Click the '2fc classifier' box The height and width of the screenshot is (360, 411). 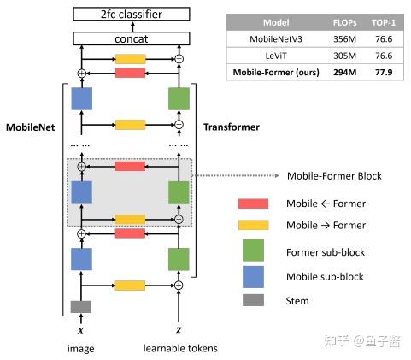click(131, 14)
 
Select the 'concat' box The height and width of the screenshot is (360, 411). click(131, 38)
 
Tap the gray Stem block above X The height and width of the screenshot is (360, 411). click(80, 306)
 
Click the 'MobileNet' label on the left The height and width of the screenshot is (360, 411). click(32, 127)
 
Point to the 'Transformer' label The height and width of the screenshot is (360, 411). click(231, 127)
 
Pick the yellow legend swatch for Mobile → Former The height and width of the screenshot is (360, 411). click(253, 225)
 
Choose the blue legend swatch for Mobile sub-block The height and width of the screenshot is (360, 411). click(253, 277)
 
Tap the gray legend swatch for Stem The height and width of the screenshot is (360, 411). click(253, 300)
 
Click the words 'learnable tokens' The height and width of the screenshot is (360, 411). click(179, 349)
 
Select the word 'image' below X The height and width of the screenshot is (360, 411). click(80, 349)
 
